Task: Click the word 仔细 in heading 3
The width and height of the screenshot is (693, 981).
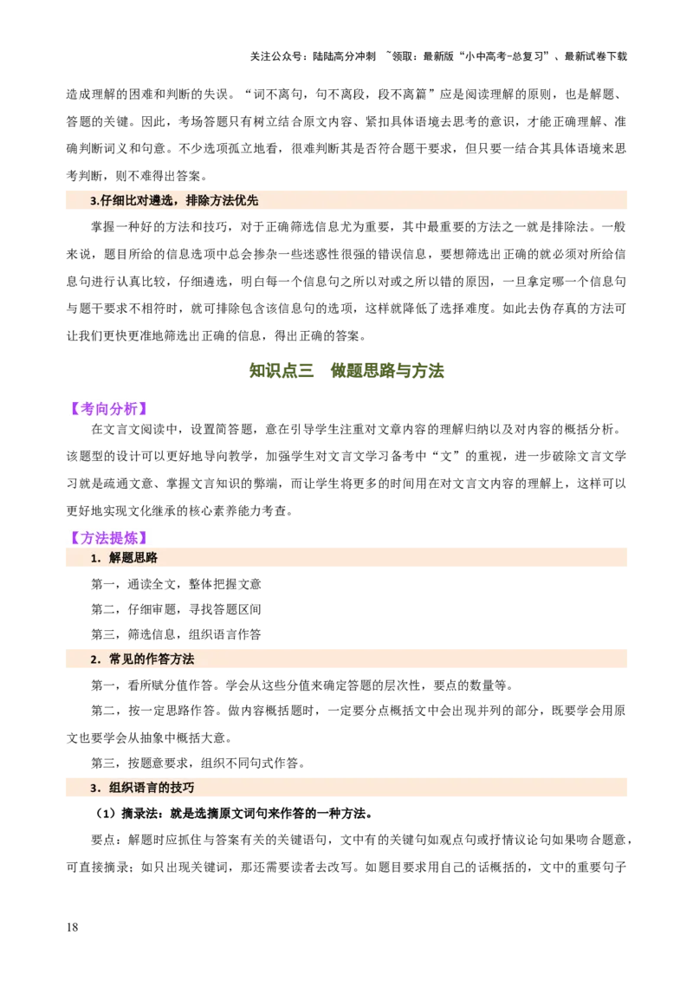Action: point(112,201)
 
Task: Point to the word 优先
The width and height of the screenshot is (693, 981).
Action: point(246,201)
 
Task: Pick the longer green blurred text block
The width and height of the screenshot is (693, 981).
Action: point(389,372)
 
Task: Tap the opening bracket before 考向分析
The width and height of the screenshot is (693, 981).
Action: point(70,409)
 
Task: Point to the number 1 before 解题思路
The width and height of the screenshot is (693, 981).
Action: point(94,559)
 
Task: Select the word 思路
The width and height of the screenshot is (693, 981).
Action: point(146,559)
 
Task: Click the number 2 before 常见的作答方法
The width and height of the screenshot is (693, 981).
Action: point(94,660)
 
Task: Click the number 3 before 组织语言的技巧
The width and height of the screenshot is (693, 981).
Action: point(94,789)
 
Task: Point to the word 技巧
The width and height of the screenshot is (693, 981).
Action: point(182,789)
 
